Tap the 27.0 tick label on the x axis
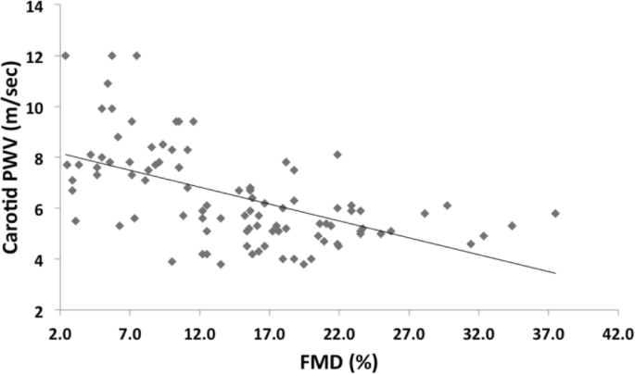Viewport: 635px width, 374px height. coord(409,330)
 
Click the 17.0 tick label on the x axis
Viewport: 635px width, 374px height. coord(270,330)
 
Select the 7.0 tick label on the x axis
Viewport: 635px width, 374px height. coord(131,330)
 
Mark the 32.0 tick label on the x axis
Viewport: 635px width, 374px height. coord(478,330)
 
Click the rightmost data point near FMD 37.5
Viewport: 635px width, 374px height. coord(555,213)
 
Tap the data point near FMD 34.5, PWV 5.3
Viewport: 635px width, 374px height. coord(512,225)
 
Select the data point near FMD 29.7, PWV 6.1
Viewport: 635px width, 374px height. coord(447,206)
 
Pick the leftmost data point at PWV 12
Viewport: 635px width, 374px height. coord(65,56)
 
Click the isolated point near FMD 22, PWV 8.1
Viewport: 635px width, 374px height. coord(337,155)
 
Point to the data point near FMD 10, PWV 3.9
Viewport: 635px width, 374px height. coord(171,261)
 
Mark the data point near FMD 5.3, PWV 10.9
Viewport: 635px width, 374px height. coord(108,83)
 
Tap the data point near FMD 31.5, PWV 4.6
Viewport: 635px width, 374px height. coord(471,243)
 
